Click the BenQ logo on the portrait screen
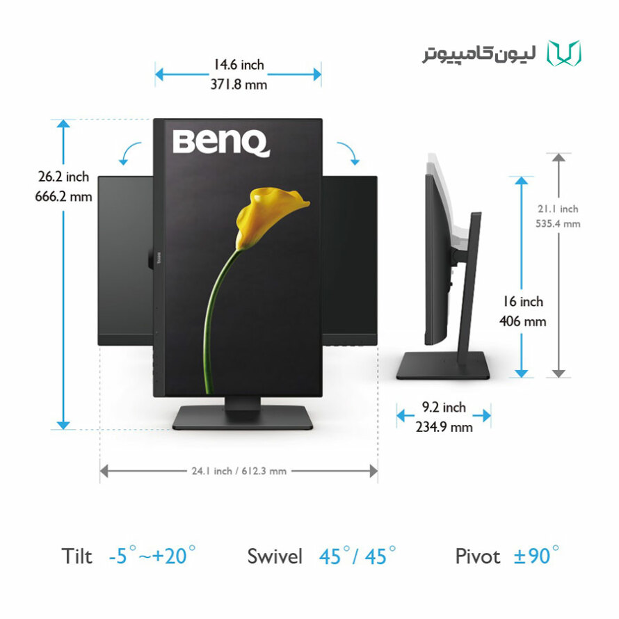pyautogui.click(x=221, y=143)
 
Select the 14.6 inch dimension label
pyautogui.click(x=239, y=65)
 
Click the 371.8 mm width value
pyautogui.click(x=239, y=84)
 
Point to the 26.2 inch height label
pyautogui.click(x=63, y=177)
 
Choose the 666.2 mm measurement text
pyautogui.click(x=63, y=196)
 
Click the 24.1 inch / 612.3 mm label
pyautogui.click(x=239, y=471)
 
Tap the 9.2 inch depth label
pyautogui.click(x=444, y=407)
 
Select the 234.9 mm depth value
pyautogui.click(x=444, y=427)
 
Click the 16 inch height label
pyautogui.click(x=523, y=302)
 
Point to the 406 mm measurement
pyautogui.click(x=523, y=321)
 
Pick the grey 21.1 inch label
pyautogui.click(x=558, y=209)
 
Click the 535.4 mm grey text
pyautogui.click(x=558, y=224)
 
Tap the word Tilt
pyautogui.click(x=77, y=556)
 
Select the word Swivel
pyautogui.click(x=275, y=556)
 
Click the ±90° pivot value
pyautogui.click(x=536, y=556)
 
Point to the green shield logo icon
pyautogui.click(x=564, y=53)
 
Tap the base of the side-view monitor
pyautogui.click(x=443, y=366)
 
